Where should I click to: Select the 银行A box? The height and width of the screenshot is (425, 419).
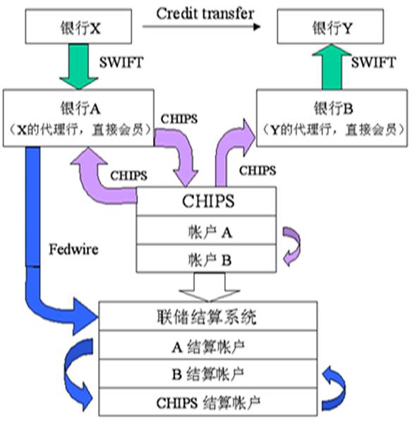point(79,118)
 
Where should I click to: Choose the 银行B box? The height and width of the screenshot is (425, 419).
point(332,118)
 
